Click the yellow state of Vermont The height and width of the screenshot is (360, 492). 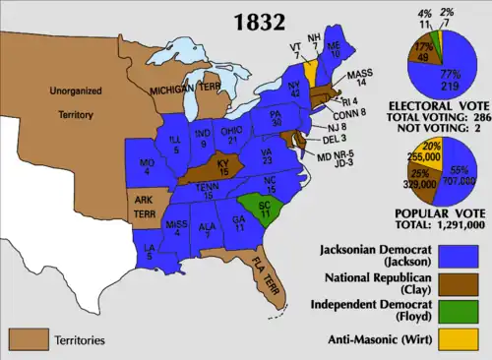[x=311, y=69]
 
